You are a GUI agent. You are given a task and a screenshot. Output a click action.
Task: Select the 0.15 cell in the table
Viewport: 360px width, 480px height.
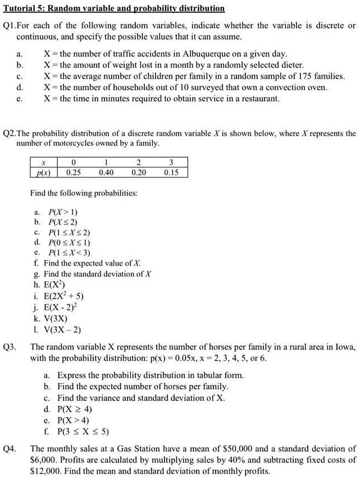coord(171,172)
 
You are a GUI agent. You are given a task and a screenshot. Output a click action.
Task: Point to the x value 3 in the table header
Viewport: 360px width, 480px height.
coord(171,163)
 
